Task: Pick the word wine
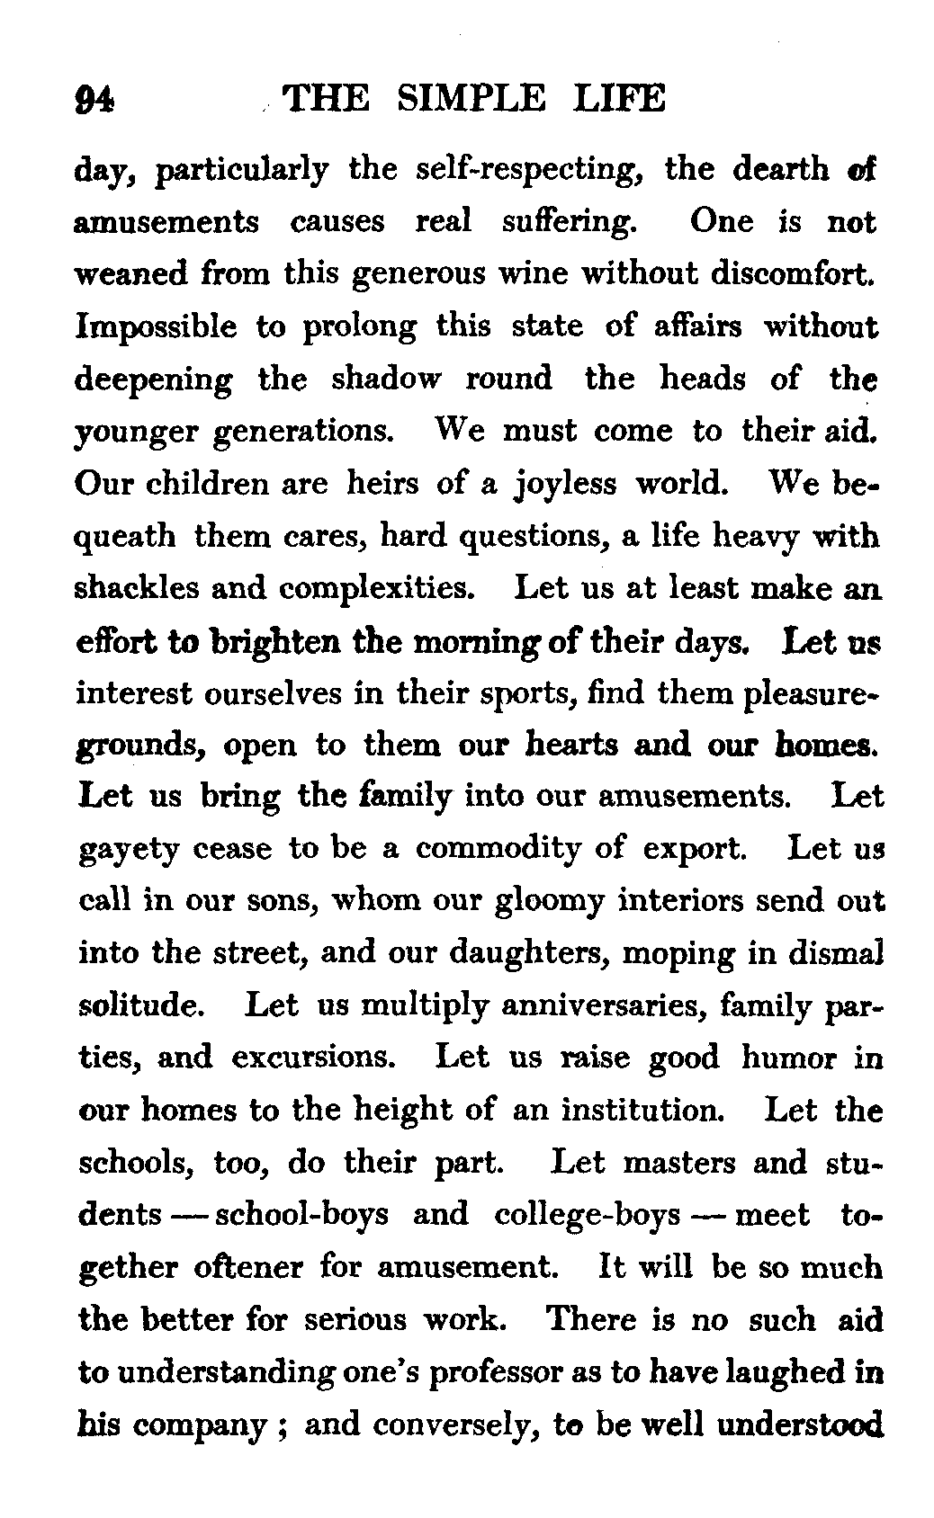543,273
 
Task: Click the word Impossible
157,326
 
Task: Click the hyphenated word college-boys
587,1215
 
